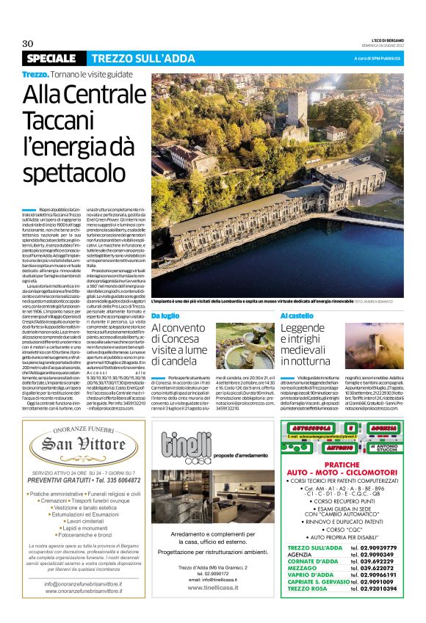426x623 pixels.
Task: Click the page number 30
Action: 28,43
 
